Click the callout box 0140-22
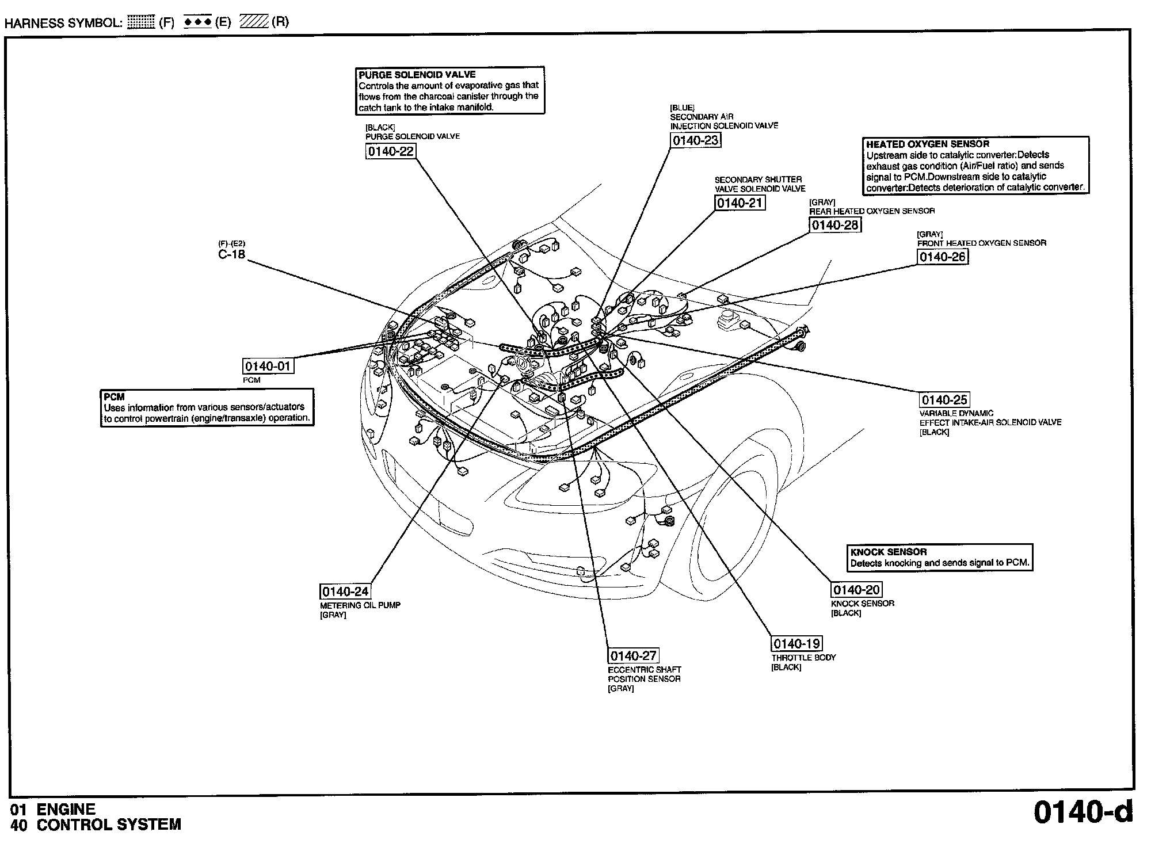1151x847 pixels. [390, 151]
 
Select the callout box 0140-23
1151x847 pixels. [696, 140]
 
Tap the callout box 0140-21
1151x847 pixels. [740, 203]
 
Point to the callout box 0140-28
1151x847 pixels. [835, 225]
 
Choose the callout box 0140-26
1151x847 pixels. [942, 257]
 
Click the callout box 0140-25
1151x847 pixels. [944, 400]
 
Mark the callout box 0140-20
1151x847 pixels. [856, 590]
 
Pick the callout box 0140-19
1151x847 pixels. [796, 643]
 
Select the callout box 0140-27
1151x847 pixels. [633, 656]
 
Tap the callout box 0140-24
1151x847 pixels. [345, 592]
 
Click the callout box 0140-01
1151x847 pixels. [268, 367]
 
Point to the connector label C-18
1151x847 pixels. [231, 254]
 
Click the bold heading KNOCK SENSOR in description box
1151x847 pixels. [889, 552]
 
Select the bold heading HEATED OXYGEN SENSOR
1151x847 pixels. [928, 144]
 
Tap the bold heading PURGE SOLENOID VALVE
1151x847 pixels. [417, 75]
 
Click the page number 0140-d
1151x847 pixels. [1083, 811]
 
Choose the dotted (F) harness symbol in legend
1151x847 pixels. [141, 22]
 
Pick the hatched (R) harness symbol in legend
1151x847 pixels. [253, 22]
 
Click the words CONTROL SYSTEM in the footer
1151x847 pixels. [109, 825]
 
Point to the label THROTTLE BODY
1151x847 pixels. [803, 657]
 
